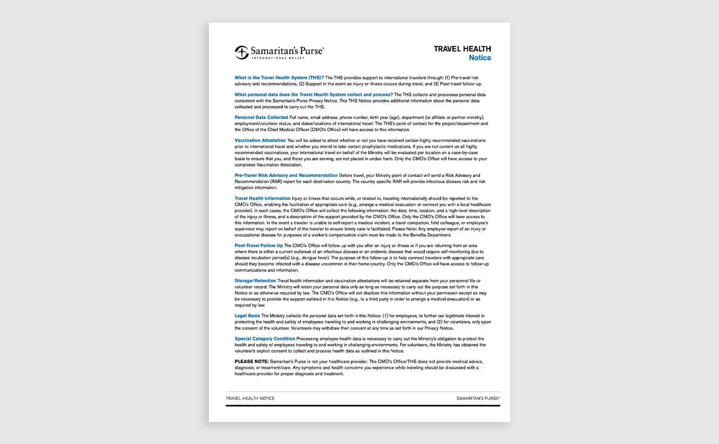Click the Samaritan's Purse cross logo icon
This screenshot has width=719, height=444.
(x=241, y=52)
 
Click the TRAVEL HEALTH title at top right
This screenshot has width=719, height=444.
(x=462, y=49)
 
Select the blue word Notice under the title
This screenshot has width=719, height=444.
(x=479, y=58)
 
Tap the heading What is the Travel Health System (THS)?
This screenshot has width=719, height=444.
(x=279, y=78)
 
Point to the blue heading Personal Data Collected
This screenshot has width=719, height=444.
(x=261, y=118)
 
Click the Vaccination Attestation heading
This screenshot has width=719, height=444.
(x=260, y=141)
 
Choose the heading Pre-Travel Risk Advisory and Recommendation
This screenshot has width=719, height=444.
(x=286, y=175)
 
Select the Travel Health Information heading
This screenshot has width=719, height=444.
(x=263, y=198)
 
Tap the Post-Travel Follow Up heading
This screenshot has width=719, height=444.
(x=259, y=246)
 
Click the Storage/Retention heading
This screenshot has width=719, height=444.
(x=256, y=281)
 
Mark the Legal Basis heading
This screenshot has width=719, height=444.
(x=248, y=316)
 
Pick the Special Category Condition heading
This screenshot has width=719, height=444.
(x=265, y=339)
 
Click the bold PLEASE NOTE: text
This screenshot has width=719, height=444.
(x=252, y=362)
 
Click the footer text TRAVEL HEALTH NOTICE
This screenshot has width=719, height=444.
(x=250, y=398)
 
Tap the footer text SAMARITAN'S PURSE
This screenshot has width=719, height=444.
(x=478, y=398)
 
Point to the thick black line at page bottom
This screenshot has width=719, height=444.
(x=363, y=405)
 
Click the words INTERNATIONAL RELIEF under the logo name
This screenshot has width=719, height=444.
(x=278, y=58)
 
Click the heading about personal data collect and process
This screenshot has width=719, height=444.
(x=313, y=95)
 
